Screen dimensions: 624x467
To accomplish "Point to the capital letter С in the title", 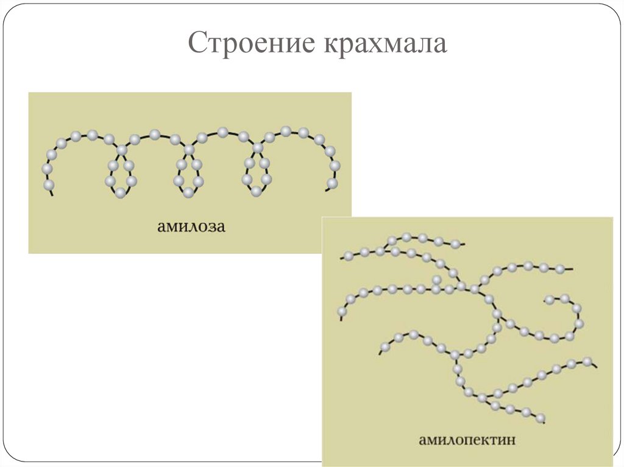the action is tap(196, 45).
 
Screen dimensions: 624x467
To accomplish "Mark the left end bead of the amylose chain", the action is tap(49, 184).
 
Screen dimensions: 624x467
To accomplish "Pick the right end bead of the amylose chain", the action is tap(332, 183).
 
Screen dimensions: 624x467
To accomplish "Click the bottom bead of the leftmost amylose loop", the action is tap(121, 192).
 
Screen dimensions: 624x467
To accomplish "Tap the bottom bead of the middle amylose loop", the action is tap(189, 192).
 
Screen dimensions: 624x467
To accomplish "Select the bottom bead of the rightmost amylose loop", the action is tap(257, 191).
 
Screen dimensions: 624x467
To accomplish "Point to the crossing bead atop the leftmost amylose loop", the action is tap(122, 150).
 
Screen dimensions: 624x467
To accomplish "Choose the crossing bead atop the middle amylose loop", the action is tap(190, 149).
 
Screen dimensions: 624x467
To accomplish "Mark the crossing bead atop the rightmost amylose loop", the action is tap(258, 148).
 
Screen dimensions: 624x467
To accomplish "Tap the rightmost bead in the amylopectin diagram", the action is tap(587, 361).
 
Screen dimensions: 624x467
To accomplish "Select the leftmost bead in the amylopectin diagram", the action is tap(342, 312).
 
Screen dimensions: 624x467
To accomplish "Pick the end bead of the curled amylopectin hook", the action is tap(549, 299).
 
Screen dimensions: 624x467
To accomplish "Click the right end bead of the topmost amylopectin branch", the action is tap(455, 244).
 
